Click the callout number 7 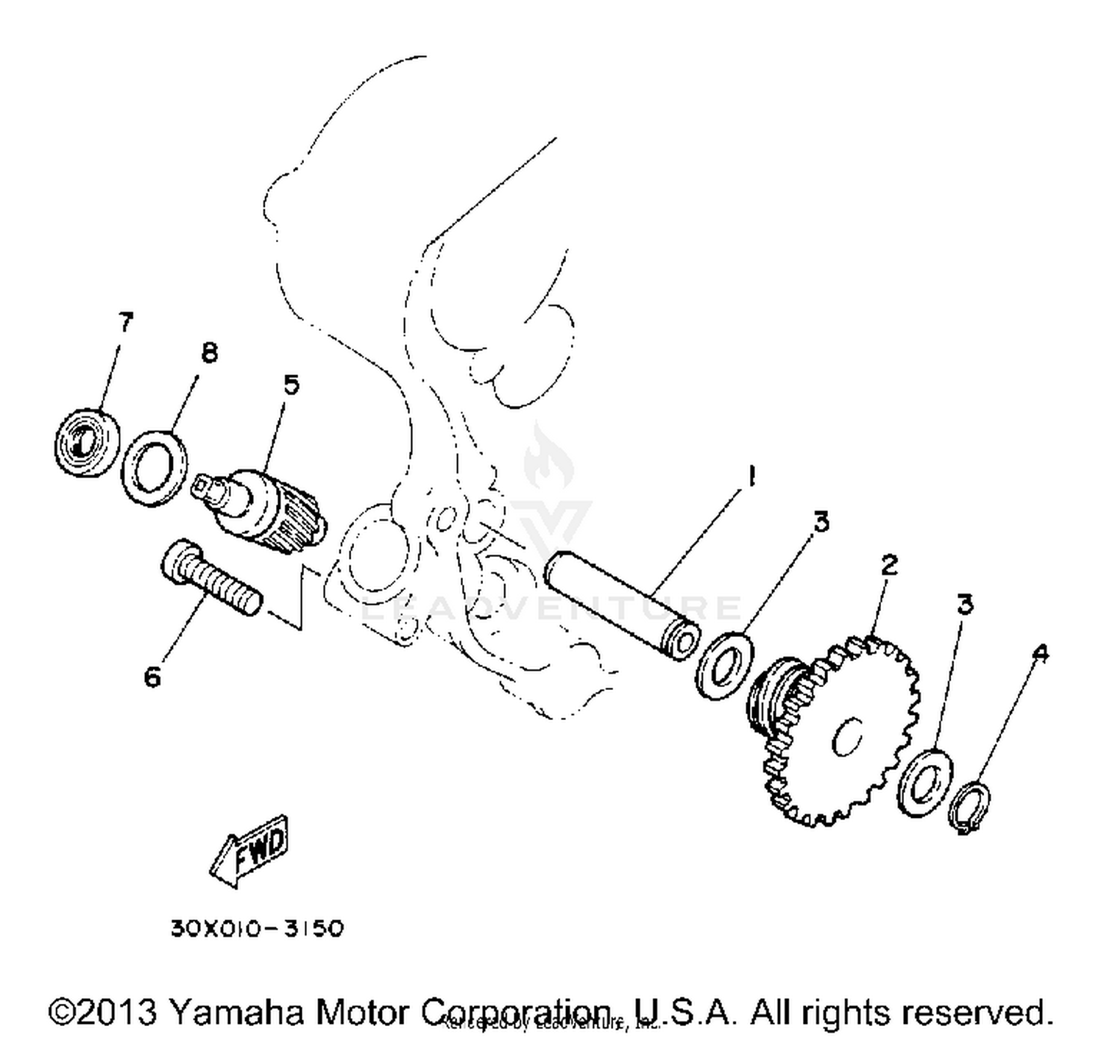coord(125,322)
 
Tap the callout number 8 coord(209,354)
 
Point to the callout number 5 coord(291,384)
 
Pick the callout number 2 coord(889,565)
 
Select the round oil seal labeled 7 coord(88,441)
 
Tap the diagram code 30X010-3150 coord(257,929)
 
